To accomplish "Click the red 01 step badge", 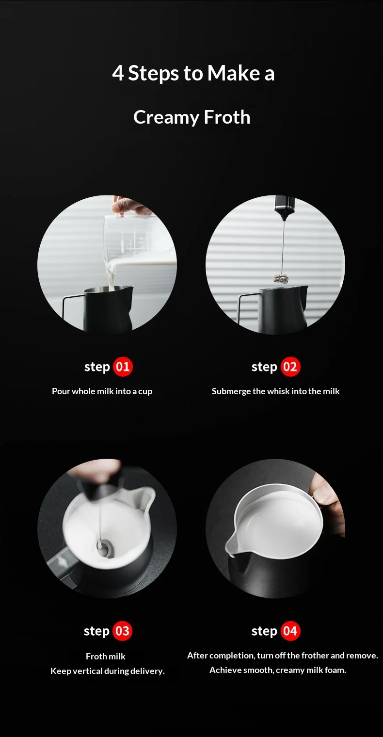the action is point(123,367).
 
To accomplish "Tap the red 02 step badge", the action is point(290,367).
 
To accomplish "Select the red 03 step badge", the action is point(122,631).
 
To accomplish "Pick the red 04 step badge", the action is point(290,631).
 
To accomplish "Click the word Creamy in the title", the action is point(166,118).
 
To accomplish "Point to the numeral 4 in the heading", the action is point(118,73).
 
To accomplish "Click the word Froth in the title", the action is point(227,117).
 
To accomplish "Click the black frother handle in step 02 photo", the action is point(285,208).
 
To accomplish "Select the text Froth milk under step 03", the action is point(106,657).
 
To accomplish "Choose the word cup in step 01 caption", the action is point(145,392).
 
